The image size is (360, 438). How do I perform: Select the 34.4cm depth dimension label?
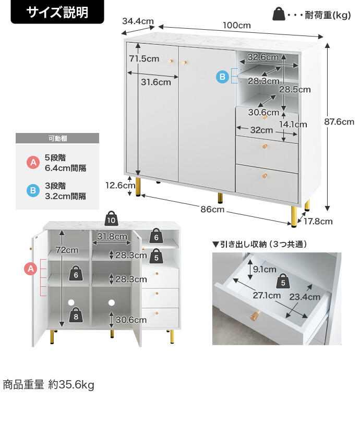click(138, 21)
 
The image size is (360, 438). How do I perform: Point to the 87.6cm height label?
click(339, 122)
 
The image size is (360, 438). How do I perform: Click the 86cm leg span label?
click(213, 209)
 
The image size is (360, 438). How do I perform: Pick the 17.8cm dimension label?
click(318, 221)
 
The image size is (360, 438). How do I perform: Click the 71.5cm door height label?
click(144, 59)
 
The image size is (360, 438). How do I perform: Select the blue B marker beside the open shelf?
click(222, 77)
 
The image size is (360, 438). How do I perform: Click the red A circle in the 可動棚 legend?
click(33, 163)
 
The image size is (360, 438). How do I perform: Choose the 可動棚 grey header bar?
click(57, 139)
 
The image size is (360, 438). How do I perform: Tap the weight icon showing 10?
click(111, 219)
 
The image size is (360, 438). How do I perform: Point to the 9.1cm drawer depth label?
click(264, 270)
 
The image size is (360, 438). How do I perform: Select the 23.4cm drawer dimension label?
click(305, 297)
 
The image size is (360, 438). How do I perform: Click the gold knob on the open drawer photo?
click(255, 316)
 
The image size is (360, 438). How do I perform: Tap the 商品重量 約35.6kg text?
click(49, 385)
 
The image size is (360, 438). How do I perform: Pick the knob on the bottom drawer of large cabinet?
click(265, 174)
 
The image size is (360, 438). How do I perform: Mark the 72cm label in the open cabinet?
click(67, 250)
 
